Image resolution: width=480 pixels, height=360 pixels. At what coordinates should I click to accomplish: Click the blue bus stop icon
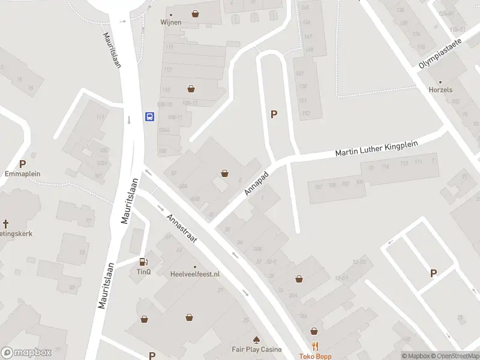pyautogui.click(x=149, y=116)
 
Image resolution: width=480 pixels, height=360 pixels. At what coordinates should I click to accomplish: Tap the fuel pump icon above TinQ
pyautogui.click(x=143, y=261)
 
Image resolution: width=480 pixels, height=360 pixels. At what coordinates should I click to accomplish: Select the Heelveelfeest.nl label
pyautogui.click(x=195, y=274)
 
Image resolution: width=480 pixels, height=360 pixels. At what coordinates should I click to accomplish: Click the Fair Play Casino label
pyautogui.click(x=256, y=349)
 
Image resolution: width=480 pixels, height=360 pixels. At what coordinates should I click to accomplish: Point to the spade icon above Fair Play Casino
pyautogui.click(x=256, y=339)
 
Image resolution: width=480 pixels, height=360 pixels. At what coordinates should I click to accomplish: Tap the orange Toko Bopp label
pyautogui.click(x=315, y=356)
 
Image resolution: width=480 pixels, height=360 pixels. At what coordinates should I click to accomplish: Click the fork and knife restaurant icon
pyautogui.click(x=315, y=346)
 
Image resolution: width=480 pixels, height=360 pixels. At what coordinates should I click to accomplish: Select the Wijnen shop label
pyautogui.click(x=170, y=23)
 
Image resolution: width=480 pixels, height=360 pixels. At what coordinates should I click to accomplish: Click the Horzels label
pyautogui.click(x=440, y=90)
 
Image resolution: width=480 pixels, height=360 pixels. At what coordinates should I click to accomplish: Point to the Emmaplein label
pyautogui.click(x=22, y=173)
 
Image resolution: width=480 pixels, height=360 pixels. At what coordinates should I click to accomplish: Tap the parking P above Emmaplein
pyautogui.click(x=23, y=164)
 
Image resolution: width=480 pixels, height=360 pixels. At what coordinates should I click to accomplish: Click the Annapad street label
pyautogui.click(x=256, y=181)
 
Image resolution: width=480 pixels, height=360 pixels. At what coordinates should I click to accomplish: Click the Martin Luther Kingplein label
pyautogui.click(x=376, y=148)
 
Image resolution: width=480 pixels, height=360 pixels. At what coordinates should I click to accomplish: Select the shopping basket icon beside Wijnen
pyautogui.click(x=195, y=14)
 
